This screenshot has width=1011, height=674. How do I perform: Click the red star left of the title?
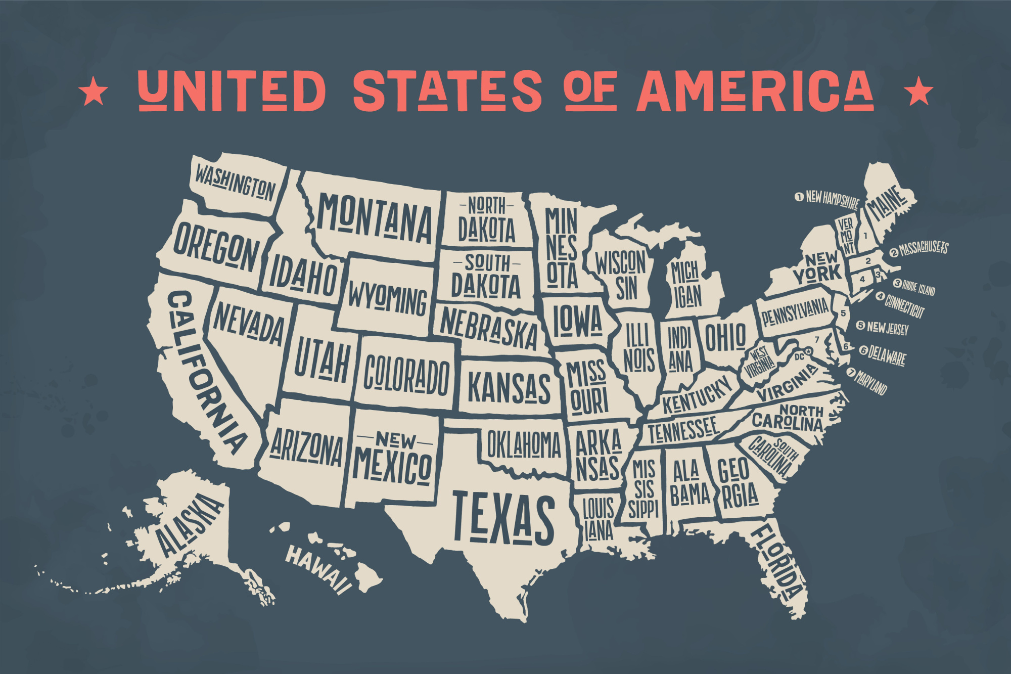pyautogui.click(x=94, y=92)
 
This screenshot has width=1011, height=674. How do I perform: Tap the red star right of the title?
pyautogui.click(x=918, y=92)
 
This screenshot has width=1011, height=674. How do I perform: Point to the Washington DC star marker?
pyautogui.click(x=808, y=351)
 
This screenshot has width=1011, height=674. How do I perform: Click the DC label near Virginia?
pyautogui.click(x=799, y=357)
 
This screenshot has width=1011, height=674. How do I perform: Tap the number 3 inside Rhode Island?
pyautogui.click(x=878, y=275)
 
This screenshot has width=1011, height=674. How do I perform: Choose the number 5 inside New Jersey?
pyautogui.click(x=843, y=313)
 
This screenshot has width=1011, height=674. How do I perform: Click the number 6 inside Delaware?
pyautogui.click(x=846, y=347)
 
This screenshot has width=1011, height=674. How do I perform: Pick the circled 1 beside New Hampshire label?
pyautogui.click(x=799, y=196)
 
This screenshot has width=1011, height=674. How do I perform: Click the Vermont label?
pyautogui.click(x=846, y=235)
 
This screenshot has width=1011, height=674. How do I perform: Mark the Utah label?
pyautogui.click(x=322, y=360)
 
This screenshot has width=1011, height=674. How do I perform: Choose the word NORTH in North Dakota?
pyautogui.click(x=486, y=206)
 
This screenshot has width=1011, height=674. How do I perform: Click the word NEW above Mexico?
pyautogui.click(x=395, y=440)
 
